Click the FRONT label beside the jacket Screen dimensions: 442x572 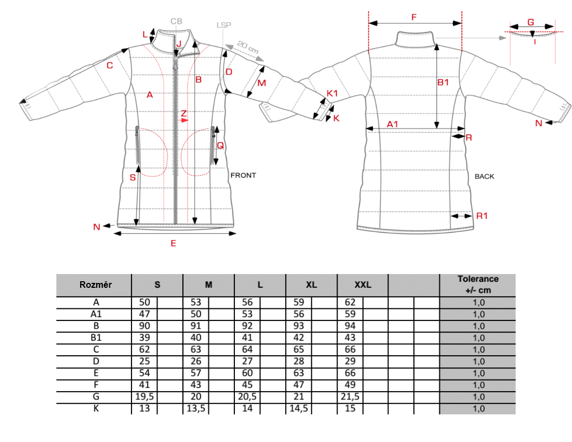(x=243, y=176)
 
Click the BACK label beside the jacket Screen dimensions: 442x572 (x=485, y=176)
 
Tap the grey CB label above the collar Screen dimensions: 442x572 (x=176, y=22)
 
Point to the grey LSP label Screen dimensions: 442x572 (x=224, y=25)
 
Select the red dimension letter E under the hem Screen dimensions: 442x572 (x=173, y=243)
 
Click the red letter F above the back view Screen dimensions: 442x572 (x=414, y=17)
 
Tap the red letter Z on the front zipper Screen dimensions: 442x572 (x=183, y=113)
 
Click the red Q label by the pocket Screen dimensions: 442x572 (x=220, y=146)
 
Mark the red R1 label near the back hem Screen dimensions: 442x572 (x=482, y=216)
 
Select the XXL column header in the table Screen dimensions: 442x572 (x=363, y=285)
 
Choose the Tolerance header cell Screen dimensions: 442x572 (x=478, y=285)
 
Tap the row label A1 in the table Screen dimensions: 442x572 (x=96, y=314)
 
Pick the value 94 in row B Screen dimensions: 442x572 (x=350, y=326)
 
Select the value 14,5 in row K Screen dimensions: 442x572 (x=298, y=408)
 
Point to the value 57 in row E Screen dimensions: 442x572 (x=196, y=373)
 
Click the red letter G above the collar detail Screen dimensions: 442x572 (x=531, y=23)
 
